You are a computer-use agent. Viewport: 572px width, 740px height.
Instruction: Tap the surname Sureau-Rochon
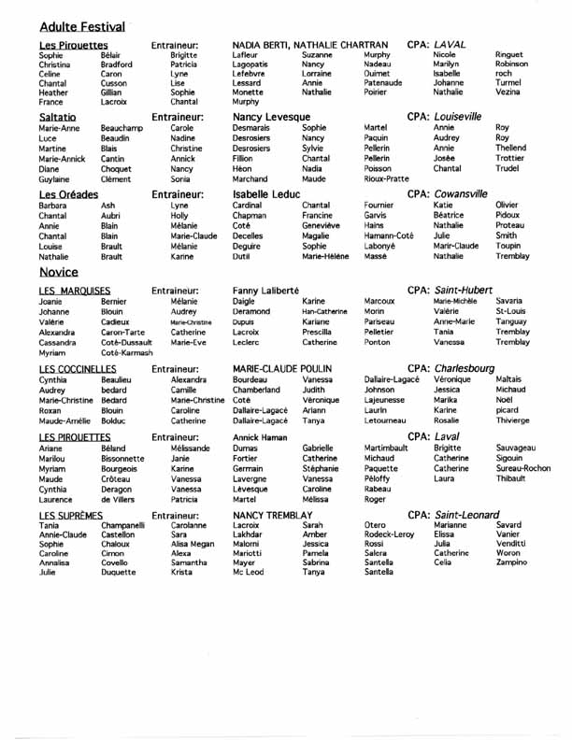tap(523, 469)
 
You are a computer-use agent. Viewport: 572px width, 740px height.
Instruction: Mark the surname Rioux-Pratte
tap(386, 179)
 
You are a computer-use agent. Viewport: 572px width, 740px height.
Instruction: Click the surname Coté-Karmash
tap(126, 353)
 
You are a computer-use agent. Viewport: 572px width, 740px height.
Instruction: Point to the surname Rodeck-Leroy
tap(388, 534)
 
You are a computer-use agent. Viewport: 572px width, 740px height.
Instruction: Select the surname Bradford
tap(117, 64)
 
